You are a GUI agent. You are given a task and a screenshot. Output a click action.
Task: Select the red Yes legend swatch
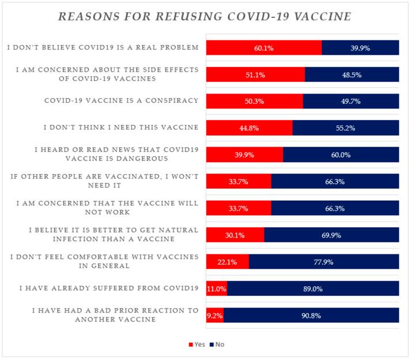[192, 344]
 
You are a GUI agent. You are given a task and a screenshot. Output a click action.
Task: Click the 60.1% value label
[264, 48]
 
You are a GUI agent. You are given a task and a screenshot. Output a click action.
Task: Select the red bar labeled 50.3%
[254, 102]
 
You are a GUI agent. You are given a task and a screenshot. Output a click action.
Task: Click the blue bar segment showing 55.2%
[346, 128]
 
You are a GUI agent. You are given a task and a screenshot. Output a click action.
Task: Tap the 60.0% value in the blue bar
[341, 155]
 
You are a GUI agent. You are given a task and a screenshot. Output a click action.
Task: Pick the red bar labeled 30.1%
[235, 235]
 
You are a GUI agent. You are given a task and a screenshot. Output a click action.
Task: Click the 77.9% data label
[324, 261]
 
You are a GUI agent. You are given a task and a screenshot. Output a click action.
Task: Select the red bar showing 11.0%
[217, 288]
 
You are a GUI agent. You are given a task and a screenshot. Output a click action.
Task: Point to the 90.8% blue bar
[311, 315]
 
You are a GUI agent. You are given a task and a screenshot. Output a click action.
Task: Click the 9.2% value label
[214, 315]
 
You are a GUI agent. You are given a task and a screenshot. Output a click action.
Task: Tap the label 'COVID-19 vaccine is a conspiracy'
[122, 100]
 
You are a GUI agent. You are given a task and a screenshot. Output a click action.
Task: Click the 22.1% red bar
[228, 261]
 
